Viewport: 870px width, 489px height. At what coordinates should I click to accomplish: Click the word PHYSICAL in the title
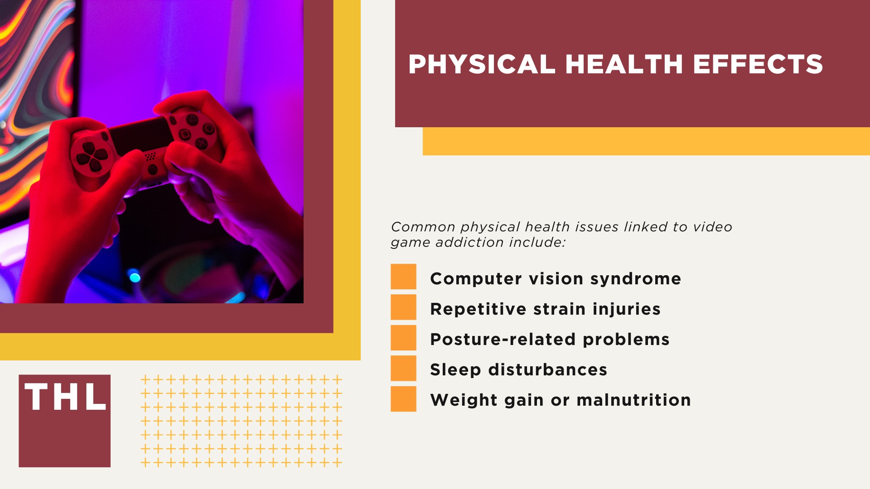click(482, 64)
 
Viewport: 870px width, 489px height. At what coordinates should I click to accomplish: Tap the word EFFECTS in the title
click(758, 64)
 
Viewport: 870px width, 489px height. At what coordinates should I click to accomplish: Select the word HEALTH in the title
click(624, 64)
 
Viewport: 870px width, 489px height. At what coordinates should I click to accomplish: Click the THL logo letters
click(65, 397)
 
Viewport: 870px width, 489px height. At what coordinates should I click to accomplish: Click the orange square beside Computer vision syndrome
click(403, 277)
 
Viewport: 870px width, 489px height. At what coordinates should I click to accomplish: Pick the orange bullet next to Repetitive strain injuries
click(403, 307)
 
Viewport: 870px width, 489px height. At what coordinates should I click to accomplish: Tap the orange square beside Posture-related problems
click(403, 338)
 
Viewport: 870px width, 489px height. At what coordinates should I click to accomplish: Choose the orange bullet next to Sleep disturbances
click(403, 368)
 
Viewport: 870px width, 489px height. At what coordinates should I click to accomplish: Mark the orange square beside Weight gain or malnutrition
click(403, 399)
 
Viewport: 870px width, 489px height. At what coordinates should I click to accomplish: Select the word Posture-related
click(503, 339)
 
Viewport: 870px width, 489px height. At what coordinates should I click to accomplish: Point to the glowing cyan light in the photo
click(135, 276)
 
